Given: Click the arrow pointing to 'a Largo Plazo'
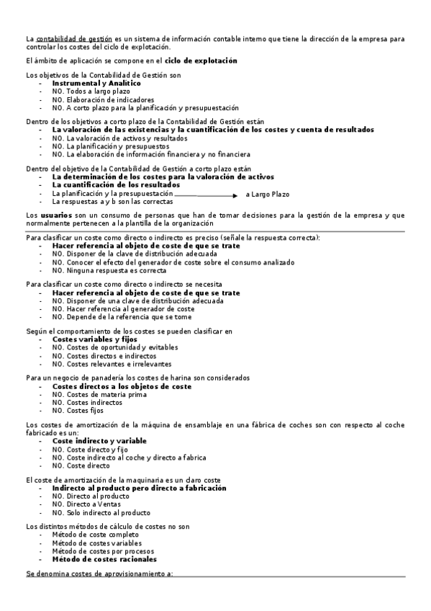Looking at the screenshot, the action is [x=207, y=195].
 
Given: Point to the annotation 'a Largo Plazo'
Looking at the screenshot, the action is [x=267, y=195].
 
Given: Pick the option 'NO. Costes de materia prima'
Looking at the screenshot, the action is [x=99, y=395].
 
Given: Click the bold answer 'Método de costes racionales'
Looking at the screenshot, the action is [x=104, y=559].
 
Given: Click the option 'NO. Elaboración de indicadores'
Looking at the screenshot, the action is [x=103, y=99].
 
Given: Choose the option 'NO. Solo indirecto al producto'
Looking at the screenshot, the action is [x=101, y=513].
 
